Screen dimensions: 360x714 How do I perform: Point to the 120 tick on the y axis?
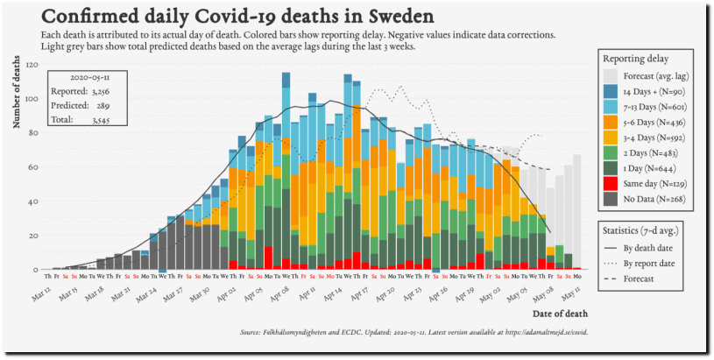32,65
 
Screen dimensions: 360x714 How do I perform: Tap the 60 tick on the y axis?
34,167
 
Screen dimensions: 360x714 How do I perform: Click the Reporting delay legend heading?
635,58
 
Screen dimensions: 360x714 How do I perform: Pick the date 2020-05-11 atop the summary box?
88,76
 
